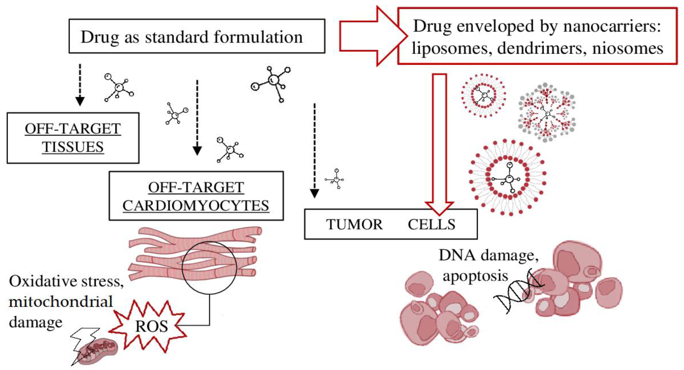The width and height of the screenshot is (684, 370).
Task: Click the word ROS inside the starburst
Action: (151, 326)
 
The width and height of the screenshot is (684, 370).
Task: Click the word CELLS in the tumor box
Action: (432, 224)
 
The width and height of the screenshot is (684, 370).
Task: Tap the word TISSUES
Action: (73, 147)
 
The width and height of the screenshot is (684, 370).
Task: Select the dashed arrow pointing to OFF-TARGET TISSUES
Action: (80, 85)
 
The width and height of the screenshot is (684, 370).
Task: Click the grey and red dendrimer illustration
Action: (547, 113)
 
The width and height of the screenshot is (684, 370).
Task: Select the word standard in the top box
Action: (177, 37)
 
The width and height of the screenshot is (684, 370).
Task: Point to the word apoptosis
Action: (475, 276)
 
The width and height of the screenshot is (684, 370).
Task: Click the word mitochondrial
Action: (61, 302)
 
